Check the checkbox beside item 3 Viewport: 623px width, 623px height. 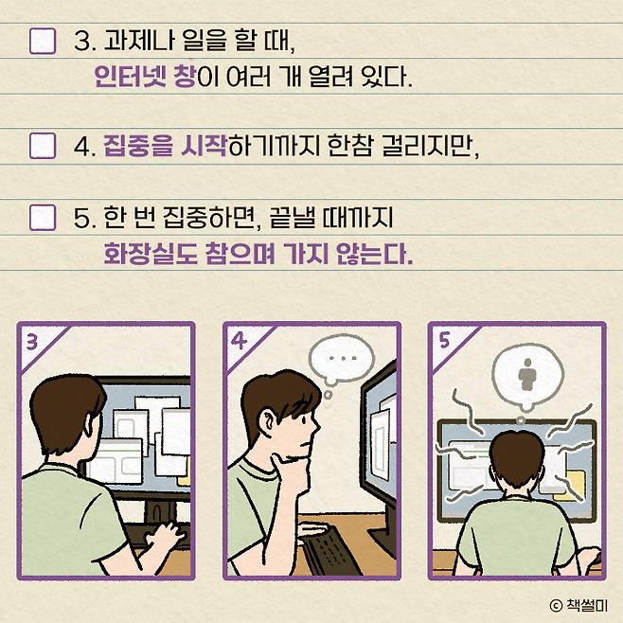pyautogui.click(x=43, y=41)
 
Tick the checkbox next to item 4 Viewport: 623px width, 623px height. pyautogui.click(x=43, y=146)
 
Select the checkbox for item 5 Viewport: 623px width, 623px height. pyautogui.click(x=43, y=218)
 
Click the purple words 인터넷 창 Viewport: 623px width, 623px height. pyautogui.click(x=146, y=77)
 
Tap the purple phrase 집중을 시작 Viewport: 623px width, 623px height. pyautogui.click(x=165, y=146)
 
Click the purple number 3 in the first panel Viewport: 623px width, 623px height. pyautogui.click(x=32, y=342)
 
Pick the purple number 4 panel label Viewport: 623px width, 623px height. pyautogui.click(x=239, y=341)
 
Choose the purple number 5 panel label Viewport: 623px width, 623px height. pyautogui.click(x=444, y=341)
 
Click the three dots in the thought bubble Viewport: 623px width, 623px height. pyautogui.click(x=344, y=359)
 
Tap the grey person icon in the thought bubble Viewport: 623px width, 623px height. pyautogui.click(x=527, y=374)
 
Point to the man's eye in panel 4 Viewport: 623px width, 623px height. pyautogui.click(x=303, y=420)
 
